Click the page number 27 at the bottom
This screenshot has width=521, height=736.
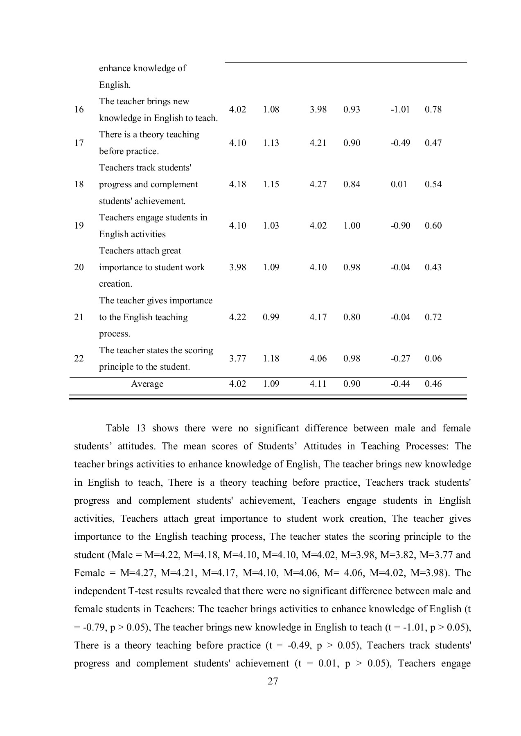click(x=273, y=681)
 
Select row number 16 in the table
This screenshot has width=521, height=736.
click(x=79, y=110)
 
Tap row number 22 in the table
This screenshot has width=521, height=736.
click(x=79, y=359)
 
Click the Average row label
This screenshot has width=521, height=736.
click(x=147, y=384)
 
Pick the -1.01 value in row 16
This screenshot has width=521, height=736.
click(x=400, y=110)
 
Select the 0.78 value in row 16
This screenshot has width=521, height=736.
click(x=433, y=110)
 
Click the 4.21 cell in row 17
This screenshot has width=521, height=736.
click(x=318, y=143)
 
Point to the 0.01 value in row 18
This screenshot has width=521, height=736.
click(x=399, y=184)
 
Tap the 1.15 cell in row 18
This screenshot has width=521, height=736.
click(x=271, y=184)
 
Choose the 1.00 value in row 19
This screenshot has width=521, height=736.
click(x=352, y=226)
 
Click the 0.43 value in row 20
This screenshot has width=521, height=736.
click(x=433, y=267)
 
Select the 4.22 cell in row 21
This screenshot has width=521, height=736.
click(x=237, y=317)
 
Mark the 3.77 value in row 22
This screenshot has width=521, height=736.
click(x=237, y=359)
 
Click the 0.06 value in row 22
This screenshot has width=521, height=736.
click(x=433, y=359)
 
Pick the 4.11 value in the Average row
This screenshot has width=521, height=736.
click(x=318, y=384)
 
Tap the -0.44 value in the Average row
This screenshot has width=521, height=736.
click(x=400, y=384)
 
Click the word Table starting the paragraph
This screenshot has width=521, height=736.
click(x=117, y=429)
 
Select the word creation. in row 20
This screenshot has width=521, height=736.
click(x=115, y=284)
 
